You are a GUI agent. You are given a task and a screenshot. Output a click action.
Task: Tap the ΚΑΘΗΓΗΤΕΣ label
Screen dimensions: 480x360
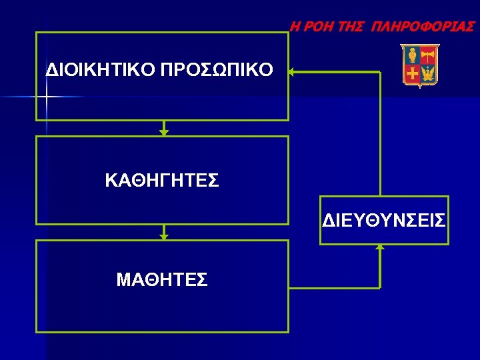click(x=162, y=181)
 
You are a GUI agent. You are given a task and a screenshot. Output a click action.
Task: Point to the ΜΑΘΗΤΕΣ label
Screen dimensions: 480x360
click(x=162, y=280)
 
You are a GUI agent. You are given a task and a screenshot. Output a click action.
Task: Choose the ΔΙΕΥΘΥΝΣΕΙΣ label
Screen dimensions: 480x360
click(x=384, y=221)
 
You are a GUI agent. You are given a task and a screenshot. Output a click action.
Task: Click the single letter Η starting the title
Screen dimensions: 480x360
click(x=294, y=27)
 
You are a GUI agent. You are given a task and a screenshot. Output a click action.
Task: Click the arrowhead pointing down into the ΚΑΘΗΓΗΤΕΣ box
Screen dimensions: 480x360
click(x=164, y=133)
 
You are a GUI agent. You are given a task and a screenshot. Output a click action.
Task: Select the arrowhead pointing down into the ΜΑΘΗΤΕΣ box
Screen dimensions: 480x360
click(x=164, y=237)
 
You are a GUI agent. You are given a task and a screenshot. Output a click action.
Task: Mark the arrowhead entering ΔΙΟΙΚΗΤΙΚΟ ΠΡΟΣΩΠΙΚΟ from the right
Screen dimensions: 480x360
click(x=293, y=72)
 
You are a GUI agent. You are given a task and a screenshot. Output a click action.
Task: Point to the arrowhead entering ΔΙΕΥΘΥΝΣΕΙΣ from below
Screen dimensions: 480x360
click(x=380, y=247)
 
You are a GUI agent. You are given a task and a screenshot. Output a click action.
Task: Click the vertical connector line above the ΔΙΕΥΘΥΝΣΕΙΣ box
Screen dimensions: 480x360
click(x=380, y=133)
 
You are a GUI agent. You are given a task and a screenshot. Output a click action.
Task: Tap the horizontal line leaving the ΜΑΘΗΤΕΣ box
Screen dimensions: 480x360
click(x=333, y=288)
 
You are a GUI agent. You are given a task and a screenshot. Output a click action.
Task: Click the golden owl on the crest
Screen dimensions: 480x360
click(x=412, y=55)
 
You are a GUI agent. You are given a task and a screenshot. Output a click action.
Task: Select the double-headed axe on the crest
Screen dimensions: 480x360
click(x=428, y=55)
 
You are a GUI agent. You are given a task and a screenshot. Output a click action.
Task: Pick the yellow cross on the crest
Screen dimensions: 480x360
click(x=412, y=73)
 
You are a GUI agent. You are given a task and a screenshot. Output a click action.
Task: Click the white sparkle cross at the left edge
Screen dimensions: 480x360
click(x=46, y=97)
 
